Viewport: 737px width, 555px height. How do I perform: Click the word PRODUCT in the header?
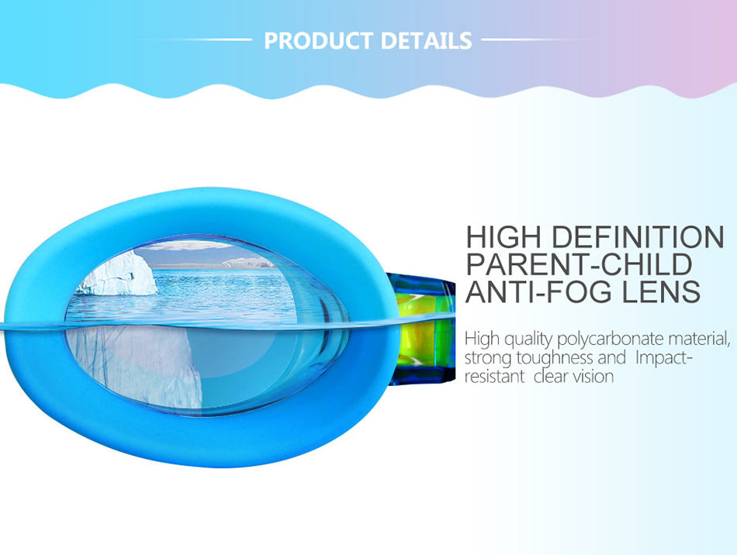point(319,41)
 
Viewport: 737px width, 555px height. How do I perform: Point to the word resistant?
point(494,377)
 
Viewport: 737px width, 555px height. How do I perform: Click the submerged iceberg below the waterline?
point(141,364)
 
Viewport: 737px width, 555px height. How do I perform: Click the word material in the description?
point(700,339)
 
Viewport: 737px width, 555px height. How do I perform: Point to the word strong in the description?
point(488,359)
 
